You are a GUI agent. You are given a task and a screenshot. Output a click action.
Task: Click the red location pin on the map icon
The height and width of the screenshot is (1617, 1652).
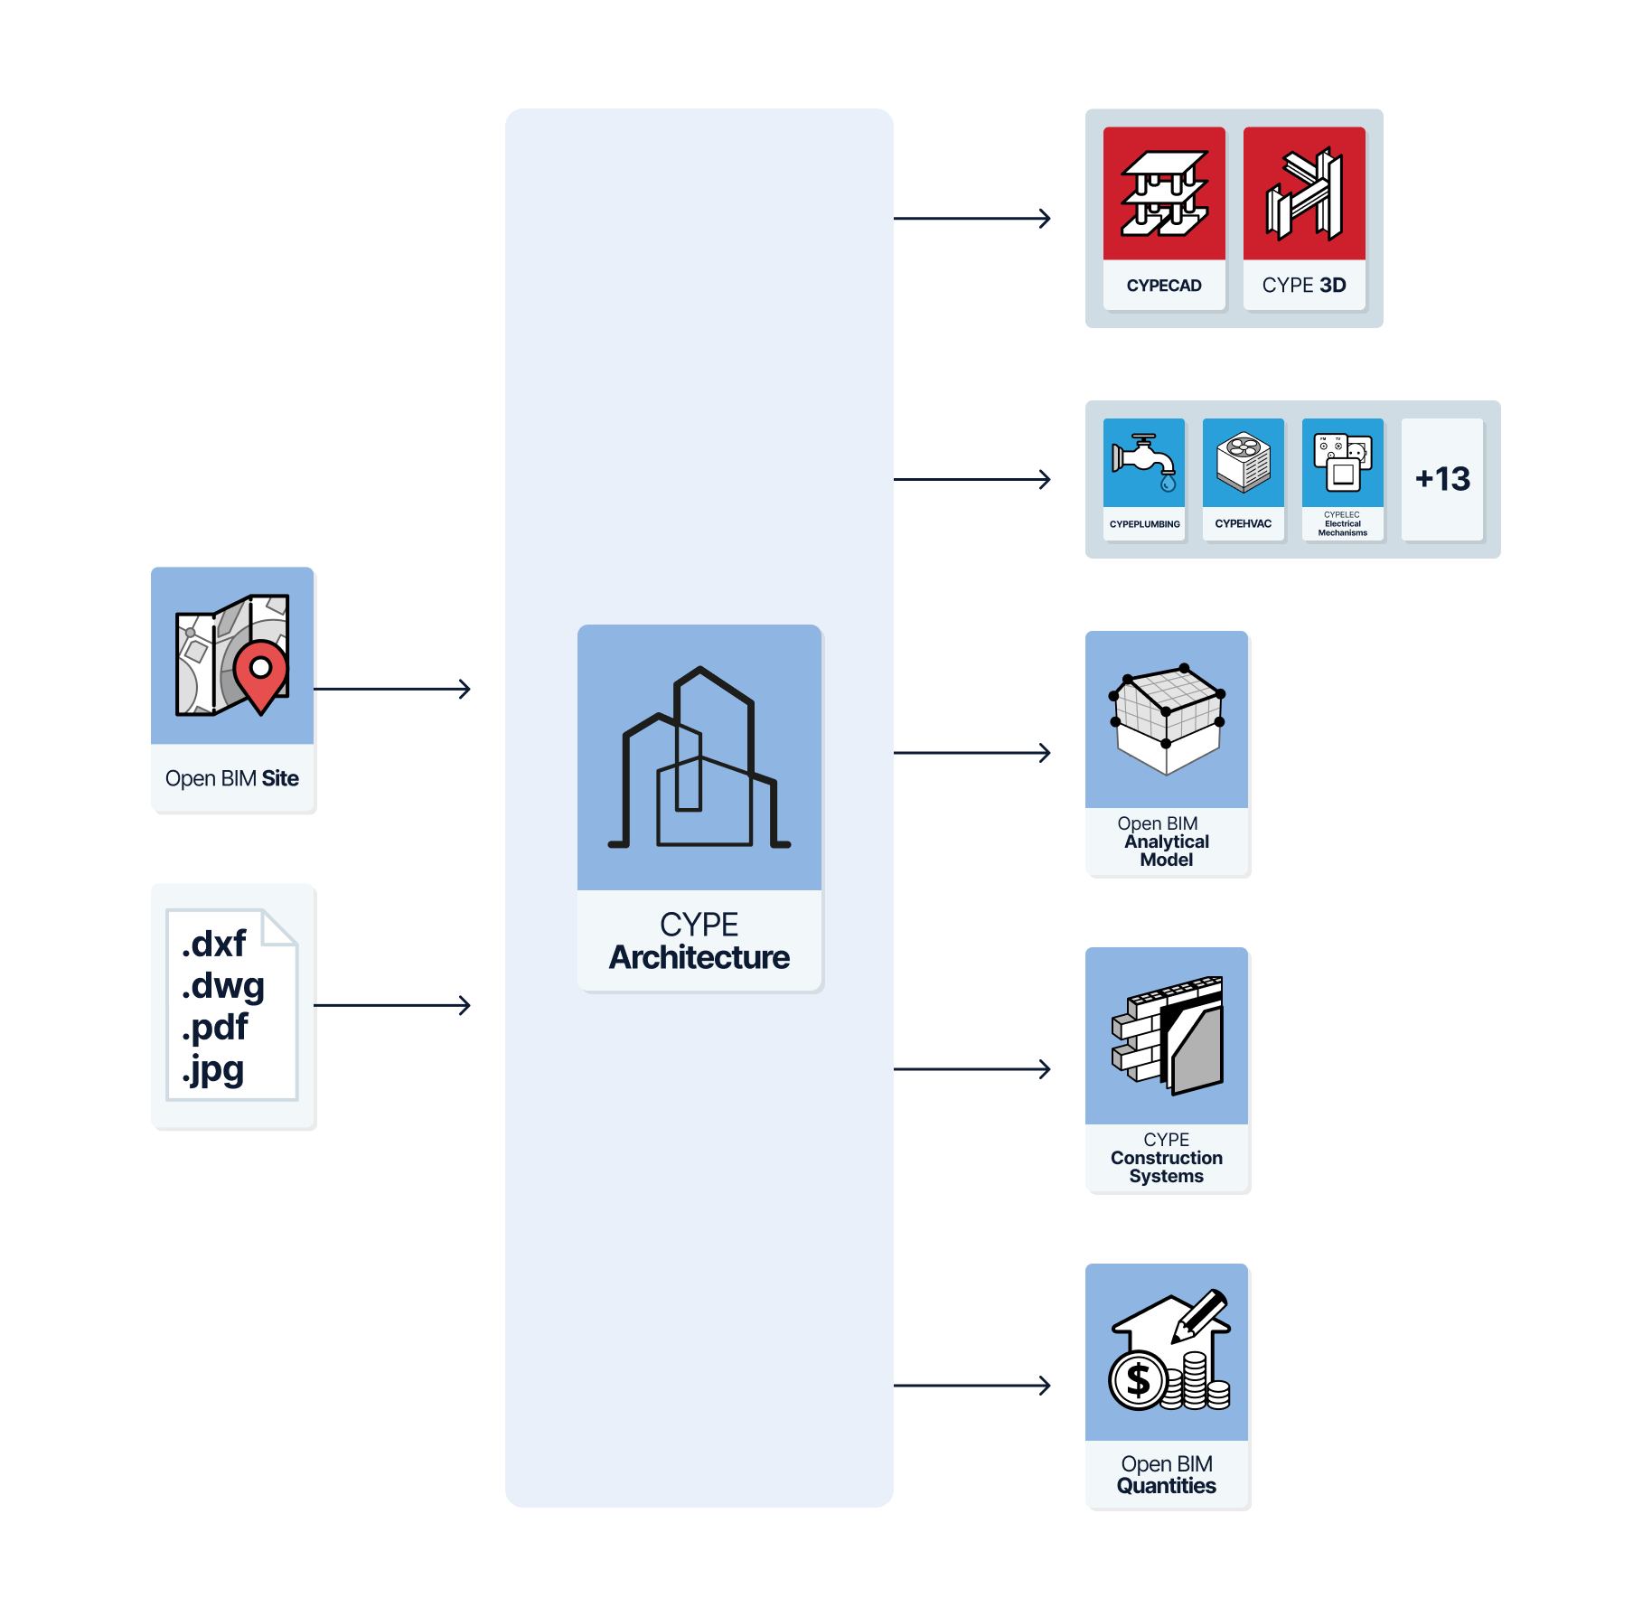coord(260,673)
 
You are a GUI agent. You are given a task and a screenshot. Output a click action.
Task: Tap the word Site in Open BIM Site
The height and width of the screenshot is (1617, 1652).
coord(280,778)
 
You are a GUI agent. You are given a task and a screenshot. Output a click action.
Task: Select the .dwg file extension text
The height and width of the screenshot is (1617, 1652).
coord(223,985)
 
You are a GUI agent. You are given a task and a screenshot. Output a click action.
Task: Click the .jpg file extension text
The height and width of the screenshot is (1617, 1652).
coord(213,1069)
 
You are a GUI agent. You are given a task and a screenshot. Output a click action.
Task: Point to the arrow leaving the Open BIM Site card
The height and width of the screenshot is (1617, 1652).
coord(392,690)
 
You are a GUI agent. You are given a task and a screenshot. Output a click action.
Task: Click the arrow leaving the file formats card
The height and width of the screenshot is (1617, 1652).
coord(392,1005)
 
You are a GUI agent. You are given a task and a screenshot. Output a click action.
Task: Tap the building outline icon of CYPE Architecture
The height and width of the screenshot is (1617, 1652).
coord(699,759)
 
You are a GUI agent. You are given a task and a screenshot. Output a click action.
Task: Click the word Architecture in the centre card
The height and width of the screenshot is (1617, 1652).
coord(699,957)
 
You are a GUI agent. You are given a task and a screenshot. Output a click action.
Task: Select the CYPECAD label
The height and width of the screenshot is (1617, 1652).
coord(1164,286)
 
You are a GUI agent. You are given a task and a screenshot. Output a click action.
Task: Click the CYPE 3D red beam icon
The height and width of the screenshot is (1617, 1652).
coord(1304,194)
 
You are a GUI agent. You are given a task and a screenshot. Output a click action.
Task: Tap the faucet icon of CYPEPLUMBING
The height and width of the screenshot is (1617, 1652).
coord(1144,461)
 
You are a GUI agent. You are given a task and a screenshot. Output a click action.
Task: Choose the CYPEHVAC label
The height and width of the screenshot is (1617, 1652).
coord(1243,523)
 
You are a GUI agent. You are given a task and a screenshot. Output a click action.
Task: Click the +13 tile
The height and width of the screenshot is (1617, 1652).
coord(1442,479)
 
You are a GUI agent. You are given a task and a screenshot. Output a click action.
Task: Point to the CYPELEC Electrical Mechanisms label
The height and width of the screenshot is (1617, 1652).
coord(1342,524)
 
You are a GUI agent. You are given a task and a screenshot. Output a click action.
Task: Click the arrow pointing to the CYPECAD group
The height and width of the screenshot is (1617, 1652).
coord(971,218)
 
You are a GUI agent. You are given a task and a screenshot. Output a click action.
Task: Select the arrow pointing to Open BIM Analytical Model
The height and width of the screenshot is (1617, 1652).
coord(971,752)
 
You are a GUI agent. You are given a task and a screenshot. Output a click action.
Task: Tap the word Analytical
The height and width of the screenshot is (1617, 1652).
coord(1166,841)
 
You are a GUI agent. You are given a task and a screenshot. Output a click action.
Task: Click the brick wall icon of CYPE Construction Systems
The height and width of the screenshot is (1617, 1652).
coord(1167,1035)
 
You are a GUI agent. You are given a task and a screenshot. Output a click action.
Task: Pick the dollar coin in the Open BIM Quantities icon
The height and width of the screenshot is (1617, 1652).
coord(1138,1380)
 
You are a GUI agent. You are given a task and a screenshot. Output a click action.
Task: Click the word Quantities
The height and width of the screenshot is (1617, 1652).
coord(1166,1486)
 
